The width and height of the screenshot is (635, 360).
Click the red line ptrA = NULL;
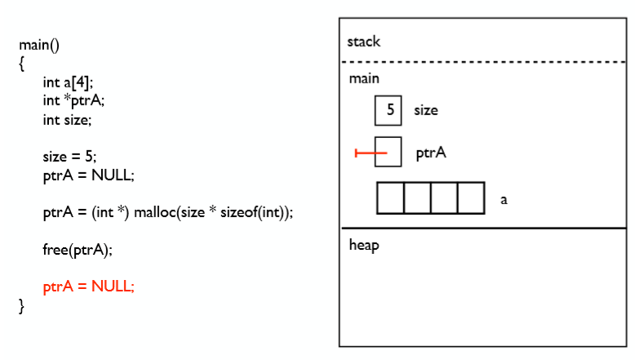click(x=89, y=287)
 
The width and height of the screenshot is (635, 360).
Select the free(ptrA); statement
click(x=78, y=249)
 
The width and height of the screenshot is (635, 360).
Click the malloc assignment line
click(x=167, y=212)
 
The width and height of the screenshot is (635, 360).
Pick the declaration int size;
click(x=68, y=120)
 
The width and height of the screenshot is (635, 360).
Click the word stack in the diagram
click(x=364, y=42)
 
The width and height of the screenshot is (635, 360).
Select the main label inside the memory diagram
click(x=364, y=78)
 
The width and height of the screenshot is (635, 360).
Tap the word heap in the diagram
click(x=364, y=245)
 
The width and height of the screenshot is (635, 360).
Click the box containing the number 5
click(x=389, y=110)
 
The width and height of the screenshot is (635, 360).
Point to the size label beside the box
click(x=426, y=110)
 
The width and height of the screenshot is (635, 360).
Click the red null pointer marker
click(x=370, y=153)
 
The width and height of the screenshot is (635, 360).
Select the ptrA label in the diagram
click(x=431, y=153)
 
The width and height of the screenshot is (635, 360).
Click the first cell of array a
click(x=391, y=198)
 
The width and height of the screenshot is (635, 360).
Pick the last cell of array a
click(x=471, y=198)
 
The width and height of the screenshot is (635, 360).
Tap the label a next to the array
click(x=504, y=198)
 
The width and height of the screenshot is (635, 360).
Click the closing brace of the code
click(x=22, y=306)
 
